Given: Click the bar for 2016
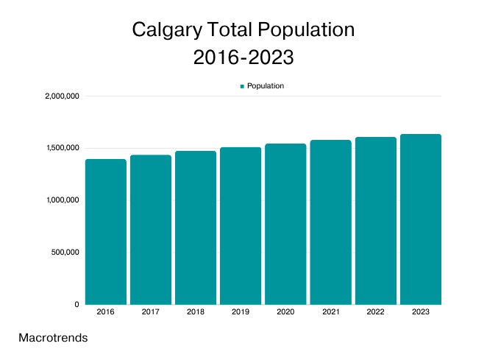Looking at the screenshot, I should click(x=106, y=232).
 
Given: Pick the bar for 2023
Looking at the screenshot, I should click(x=420, y=219).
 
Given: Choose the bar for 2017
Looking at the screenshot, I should click(x=151, y=230).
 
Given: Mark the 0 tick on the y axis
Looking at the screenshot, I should click(x=77, y=304).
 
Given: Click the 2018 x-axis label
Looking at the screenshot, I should click(x=196, y=313).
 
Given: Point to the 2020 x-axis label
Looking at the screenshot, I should click(x=285, y=313).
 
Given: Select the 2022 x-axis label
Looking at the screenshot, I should click(x=375, y=313).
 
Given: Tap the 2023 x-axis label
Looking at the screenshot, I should click(x=420, y=313).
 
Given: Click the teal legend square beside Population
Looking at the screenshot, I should click(x=242, y=86).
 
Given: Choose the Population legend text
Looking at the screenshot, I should click(x=266, y=86).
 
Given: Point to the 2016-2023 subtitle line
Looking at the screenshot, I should click(x=243, y=57).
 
